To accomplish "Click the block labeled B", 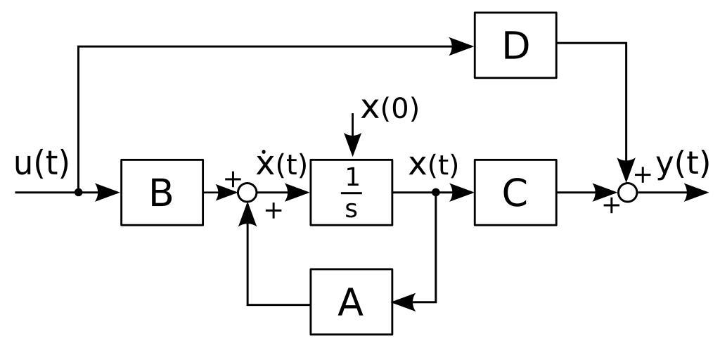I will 162,192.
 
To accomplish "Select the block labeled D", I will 515,45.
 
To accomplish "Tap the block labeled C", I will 515,192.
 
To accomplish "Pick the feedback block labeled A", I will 351,302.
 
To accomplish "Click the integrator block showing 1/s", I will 351,192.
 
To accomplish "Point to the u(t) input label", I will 41,164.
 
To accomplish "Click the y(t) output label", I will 682,164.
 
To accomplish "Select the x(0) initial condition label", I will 390,108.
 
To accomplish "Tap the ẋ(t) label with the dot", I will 281,165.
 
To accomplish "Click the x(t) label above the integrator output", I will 433,165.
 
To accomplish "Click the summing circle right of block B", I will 247,192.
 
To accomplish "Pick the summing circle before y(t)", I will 627,192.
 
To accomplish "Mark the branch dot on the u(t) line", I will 78,192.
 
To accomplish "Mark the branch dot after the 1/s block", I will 436,192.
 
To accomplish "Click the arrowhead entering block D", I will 462,46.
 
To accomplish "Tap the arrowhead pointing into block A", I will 404,302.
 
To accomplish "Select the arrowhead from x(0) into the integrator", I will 352,146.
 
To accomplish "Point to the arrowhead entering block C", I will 462,192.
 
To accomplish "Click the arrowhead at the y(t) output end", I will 695,192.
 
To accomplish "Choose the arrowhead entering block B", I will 108,192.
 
